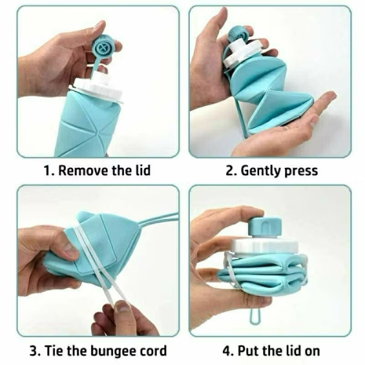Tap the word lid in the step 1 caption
pyautogui.click(x=141, y=171)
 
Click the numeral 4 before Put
pyautogui.click(x=227, y=351)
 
